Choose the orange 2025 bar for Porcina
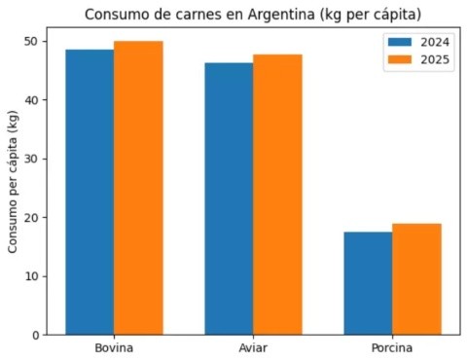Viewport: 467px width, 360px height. point(416,279)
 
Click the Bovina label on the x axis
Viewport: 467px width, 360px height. point(114,348)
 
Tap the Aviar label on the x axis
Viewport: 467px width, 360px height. point(253,348)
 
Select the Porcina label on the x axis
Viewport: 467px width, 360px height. point(392,348)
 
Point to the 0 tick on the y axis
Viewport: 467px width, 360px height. point(36,336)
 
